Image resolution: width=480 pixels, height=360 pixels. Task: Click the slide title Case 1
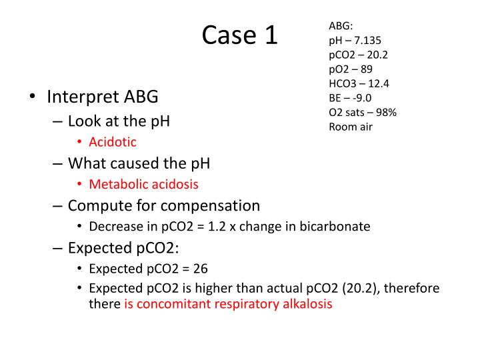(239, 35)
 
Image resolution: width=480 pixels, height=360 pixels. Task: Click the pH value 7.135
(368, 40)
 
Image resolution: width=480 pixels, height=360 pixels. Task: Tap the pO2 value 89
(367, 69)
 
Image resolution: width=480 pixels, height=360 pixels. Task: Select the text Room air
(351, 127)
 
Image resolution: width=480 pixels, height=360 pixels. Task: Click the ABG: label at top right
(341, 26)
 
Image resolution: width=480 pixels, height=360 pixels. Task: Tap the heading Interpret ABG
(103, 97)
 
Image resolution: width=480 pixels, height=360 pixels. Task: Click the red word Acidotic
(113, 142)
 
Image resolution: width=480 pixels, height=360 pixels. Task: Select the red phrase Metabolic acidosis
(143, 184)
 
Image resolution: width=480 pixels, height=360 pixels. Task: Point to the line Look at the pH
(119, 121)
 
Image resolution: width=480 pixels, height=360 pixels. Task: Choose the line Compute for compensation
(163, 205)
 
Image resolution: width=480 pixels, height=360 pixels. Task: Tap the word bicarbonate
(337, 226)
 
